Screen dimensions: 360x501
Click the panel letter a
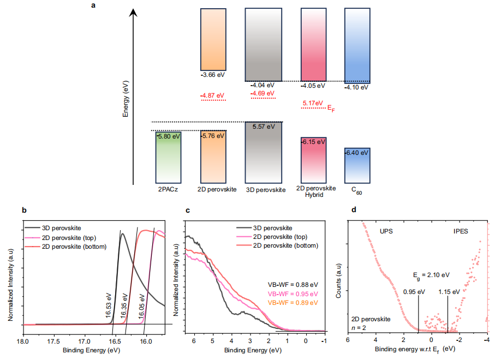pyautogui.click(x=94, y=5)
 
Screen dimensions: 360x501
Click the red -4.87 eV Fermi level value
pyautogui.click(x=213, y=95)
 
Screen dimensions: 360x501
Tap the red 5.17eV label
pyautogui.click(x=313, y=103)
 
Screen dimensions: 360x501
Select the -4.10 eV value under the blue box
pyautogui.click(x=357, y=87)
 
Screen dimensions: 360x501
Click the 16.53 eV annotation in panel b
pyautogui.click(x=109, y=305)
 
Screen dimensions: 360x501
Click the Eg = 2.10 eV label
pyautogui.click(x=432, y=274)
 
